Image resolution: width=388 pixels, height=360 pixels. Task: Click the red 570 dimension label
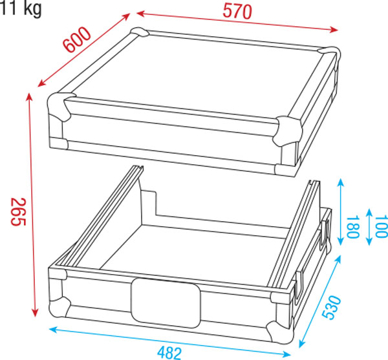coord(237,11)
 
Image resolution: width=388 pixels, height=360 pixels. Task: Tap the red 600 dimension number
coord(77,39)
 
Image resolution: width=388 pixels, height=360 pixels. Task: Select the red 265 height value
coord(19,211)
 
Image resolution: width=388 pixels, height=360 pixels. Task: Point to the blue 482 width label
coord(169,353)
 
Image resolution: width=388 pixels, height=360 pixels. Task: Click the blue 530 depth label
coord(332,307)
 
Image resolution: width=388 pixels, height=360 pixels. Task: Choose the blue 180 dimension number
coord(352,227)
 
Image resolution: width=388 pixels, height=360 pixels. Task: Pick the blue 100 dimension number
coord(382,226)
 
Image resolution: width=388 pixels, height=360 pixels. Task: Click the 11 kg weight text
coord(21,8)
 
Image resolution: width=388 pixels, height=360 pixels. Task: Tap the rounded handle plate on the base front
coord(166,302)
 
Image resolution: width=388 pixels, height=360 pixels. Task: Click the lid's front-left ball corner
coord(59,107)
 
